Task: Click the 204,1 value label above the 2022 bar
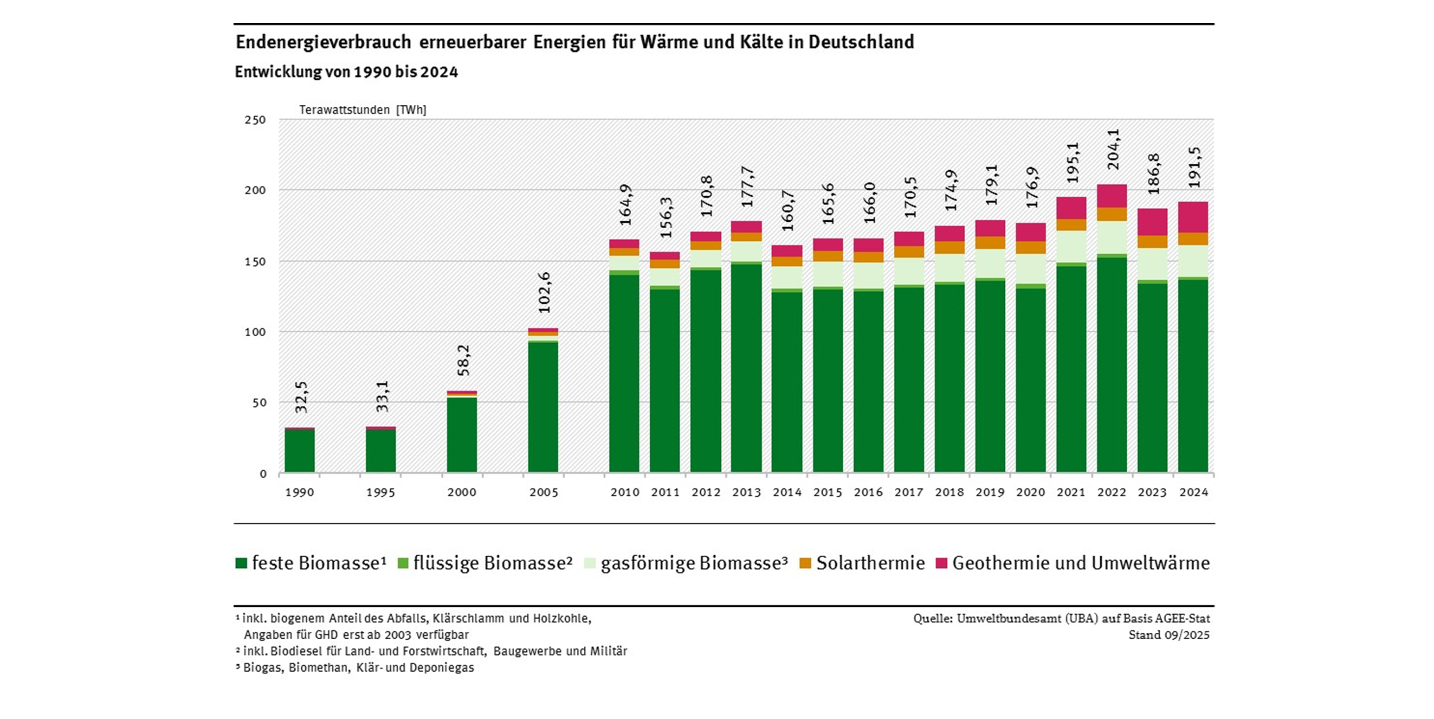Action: (1113, 149)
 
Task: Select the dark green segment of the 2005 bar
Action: (543, 406)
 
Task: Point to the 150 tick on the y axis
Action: (256, 261)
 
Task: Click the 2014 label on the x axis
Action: (787, 493)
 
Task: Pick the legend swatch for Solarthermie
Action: (805, 563)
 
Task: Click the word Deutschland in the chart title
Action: (861, 42)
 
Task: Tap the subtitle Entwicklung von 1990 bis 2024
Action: (346, 72)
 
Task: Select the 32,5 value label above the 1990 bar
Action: (301, 397)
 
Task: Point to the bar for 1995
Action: (381, 449)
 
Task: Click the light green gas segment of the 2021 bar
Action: (1071, 246)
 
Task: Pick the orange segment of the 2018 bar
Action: (950, 248)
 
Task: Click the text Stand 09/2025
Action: (1169, 635)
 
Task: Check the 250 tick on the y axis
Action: (256, 120)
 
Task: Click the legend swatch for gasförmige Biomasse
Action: (590, 563)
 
